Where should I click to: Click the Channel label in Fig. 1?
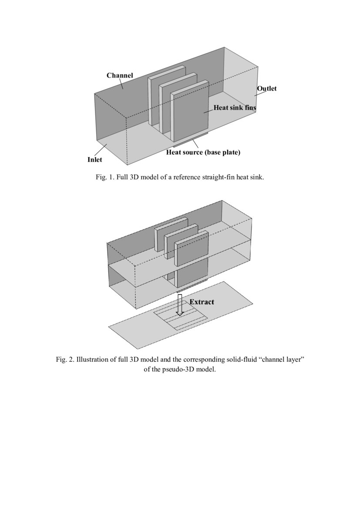pyautogui.click(x=120, y=75)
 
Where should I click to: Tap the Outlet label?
pyautogui.click(x=266, y=88)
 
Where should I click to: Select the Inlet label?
pyautogui.click(x=94, y=160)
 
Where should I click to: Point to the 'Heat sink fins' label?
pyautogui.click(x=234, y=107)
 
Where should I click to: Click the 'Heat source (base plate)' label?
pyautogui.click(x=203, y=153)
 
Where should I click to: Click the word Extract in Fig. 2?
pyautogui.click(x=202, y=302)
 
